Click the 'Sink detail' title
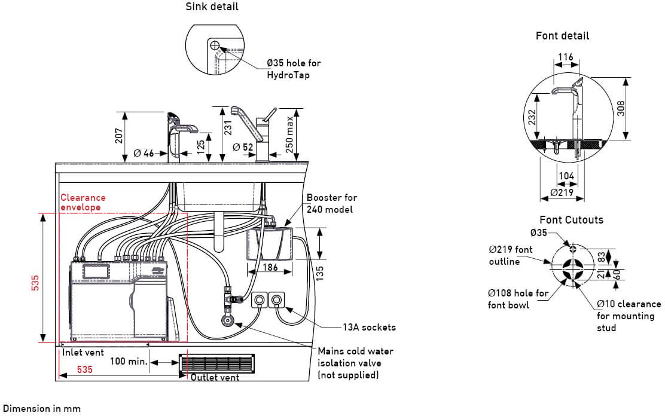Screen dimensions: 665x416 212,7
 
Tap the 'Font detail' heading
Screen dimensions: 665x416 562,36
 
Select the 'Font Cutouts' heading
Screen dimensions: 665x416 571,220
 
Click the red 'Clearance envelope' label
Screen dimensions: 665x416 83,202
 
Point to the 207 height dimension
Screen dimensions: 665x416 119,136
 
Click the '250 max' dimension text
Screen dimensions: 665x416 289,134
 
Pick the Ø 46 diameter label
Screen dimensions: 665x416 144,153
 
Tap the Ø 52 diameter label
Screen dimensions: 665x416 243,147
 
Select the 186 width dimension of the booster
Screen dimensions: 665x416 270,267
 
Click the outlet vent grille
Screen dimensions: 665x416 216,363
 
